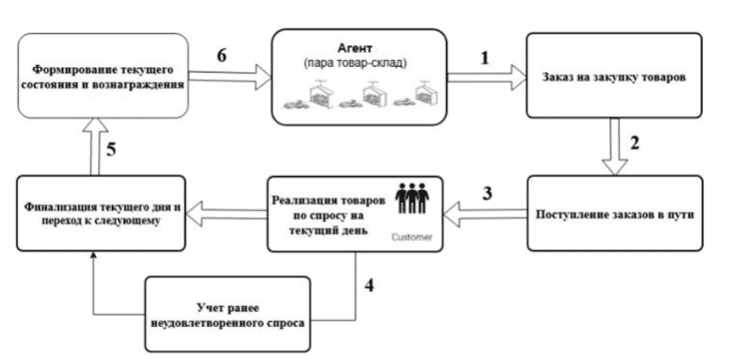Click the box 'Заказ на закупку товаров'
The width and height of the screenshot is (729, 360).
(616, 75)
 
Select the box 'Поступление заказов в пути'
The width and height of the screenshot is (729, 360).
(617, 213)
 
